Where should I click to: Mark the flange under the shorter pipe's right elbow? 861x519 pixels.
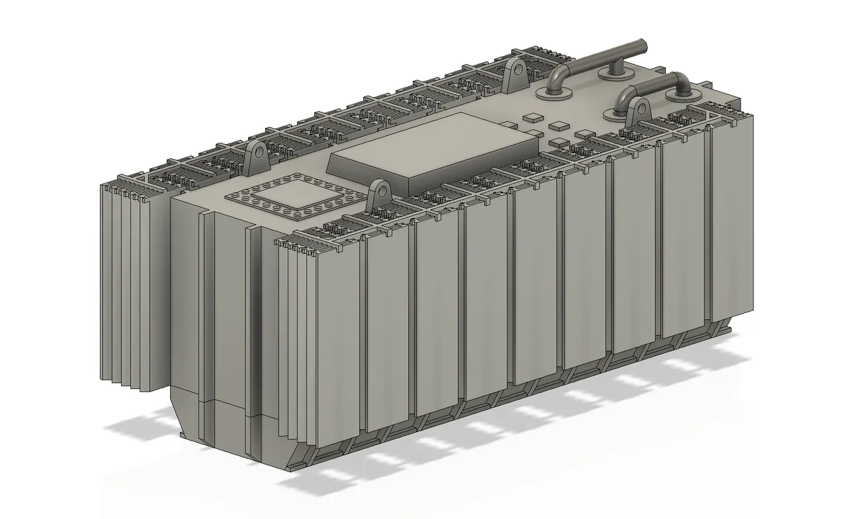pos(681,96)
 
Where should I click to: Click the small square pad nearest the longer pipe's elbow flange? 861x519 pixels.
pos(531,116)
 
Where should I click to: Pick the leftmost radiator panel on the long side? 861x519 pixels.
pos(340,343)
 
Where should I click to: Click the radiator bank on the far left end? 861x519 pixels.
pos(128,283)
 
